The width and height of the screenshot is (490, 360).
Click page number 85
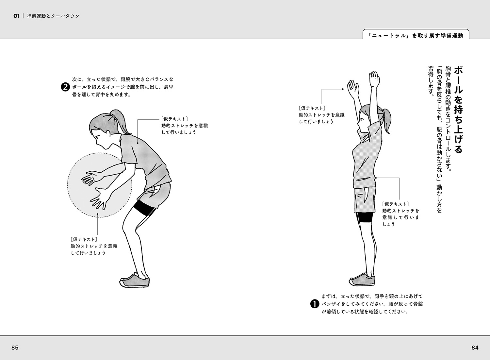pos(15,348)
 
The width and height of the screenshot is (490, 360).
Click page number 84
pos(475,348)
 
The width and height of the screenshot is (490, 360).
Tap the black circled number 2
pos(65,87)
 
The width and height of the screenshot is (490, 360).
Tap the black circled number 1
pos(315,304)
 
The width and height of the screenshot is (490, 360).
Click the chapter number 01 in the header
pos(16,16)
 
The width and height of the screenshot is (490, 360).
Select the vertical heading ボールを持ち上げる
pos(459,110)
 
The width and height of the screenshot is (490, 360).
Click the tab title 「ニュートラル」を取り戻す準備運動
pos(416,36)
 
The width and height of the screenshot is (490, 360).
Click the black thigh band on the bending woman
pos(145,208)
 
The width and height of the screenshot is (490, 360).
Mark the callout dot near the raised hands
pos(343,89)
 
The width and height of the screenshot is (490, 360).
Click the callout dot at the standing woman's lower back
pos(376,178)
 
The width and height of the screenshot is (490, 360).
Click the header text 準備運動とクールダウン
pos(53,16)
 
